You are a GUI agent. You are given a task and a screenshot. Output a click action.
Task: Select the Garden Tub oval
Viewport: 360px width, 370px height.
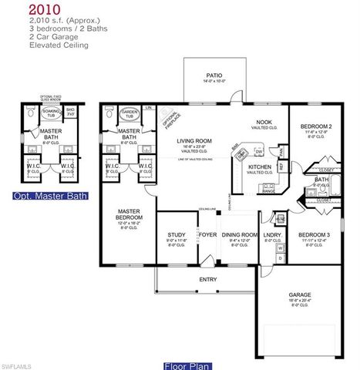click(x=127, y=116)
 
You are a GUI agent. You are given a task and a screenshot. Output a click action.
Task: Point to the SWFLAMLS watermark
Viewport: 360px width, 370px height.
click(x=17, y=363)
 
